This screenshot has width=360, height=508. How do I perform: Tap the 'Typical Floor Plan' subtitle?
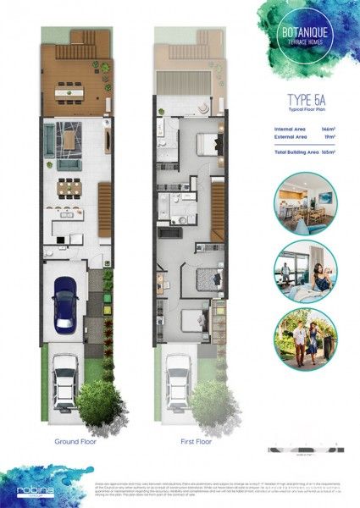pyautogui.click(x=296, y=118)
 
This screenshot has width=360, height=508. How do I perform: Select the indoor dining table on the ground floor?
pyautogui.click(x=69, y=187)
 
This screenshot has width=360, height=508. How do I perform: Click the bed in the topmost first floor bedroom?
pyautogui.click(x=208, y=143)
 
